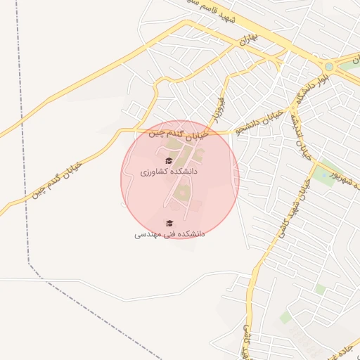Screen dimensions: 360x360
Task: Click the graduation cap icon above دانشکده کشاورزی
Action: click(x=168, y=161)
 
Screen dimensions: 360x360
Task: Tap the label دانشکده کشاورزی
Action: click(x=169, y=172)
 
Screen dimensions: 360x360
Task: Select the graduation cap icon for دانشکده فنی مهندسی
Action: click(x=168, y=223)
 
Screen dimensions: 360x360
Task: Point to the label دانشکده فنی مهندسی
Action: click(x=169, y=233)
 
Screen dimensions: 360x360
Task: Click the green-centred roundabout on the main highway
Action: click(x=328, y=67)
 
